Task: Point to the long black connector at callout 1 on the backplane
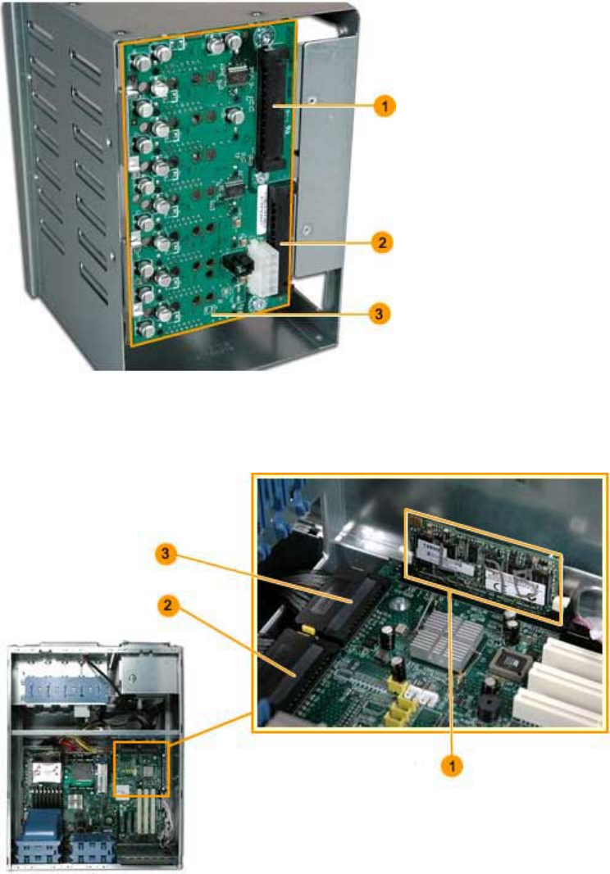(272, 106)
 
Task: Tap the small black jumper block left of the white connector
(231, 265)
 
